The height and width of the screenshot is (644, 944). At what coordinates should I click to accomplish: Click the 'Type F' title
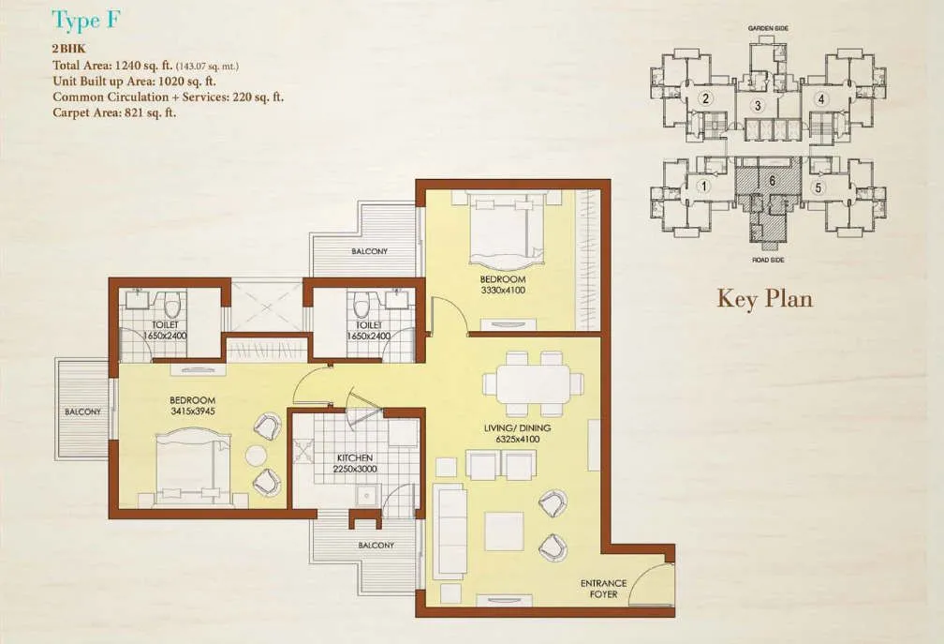pyautogui.click(x=85, y=21)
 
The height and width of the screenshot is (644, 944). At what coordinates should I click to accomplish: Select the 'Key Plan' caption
pyautogui.click(x=764, y=298)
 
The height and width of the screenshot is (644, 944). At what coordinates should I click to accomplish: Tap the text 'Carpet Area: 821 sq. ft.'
pyautogui.click(x=114, y=112)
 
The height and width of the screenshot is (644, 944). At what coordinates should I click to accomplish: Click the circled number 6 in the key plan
pyautogui.click(x=772, y=180)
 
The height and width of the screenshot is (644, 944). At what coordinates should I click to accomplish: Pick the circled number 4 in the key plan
pyautogui.click(x=820, y=97)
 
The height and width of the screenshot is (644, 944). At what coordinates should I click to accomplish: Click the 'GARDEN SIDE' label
pyautogui.click(x=767, y=29)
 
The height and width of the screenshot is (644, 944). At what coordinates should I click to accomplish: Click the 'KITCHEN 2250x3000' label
pyautogui.click(x=355, y=464)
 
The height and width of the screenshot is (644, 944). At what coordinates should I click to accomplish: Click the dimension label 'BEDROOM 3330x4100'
pyautogui.click(x=504, y=285)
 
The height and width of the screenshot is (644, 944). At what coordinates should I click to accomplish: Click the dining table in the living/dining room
pyautogui.click(x=532, y=384)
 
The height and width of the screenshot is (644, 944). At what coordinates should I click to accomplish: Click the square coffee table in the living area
pyautogui.click(x=504, y=531)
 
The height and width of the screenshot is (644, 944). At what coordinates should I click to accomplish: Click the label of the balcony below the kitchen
pyautogui.click(x=375, y=546)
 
